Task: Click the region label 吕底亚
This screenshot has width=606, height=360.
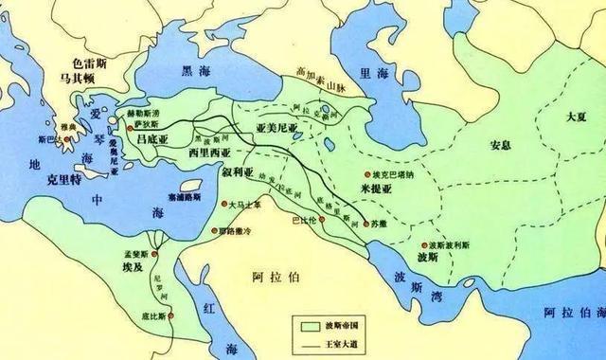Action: pos(156,138)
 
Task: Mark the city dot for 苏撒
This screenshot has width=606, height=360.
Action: pos(348,223)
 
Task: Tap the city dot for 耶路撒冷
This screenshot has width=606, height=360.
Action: pos(215,230)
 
